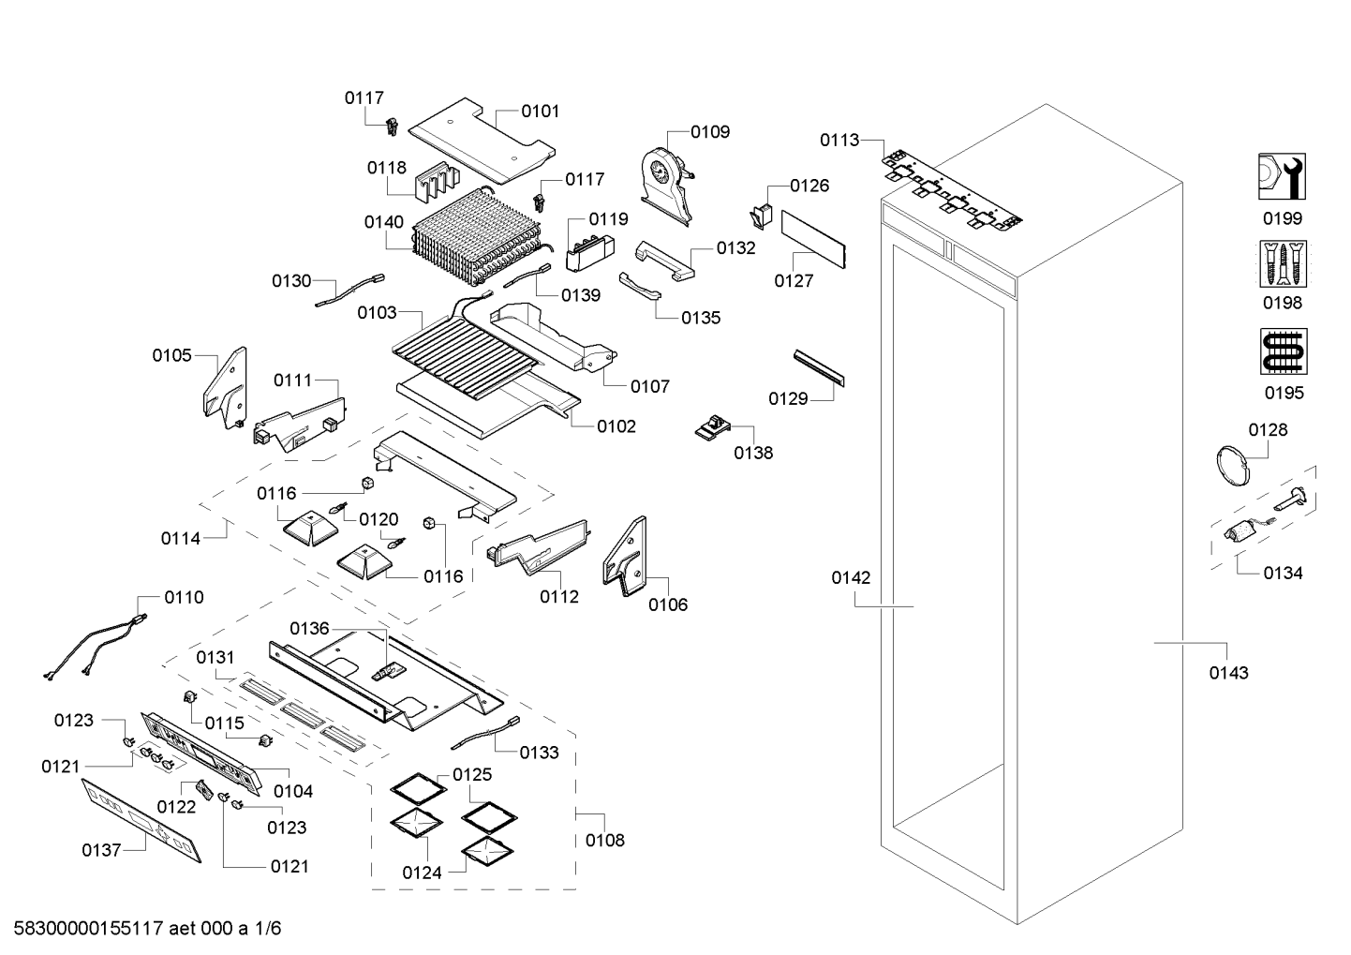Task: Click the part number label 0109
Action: (x=710, y=132)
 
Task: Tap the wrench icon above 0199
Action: (x=1282, y=177)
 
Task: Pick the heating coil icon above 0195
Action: (x=1283, y=351)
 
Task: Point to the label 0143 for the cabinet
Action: (x=1227, y=672)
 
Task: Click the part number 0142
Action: (x=850, y=578)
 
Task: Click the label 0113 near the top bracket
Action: (x=839, y=140)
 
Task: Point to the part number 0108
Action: (x=604, y=840)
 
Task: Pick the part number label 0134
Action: (x=1282, y=573)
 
